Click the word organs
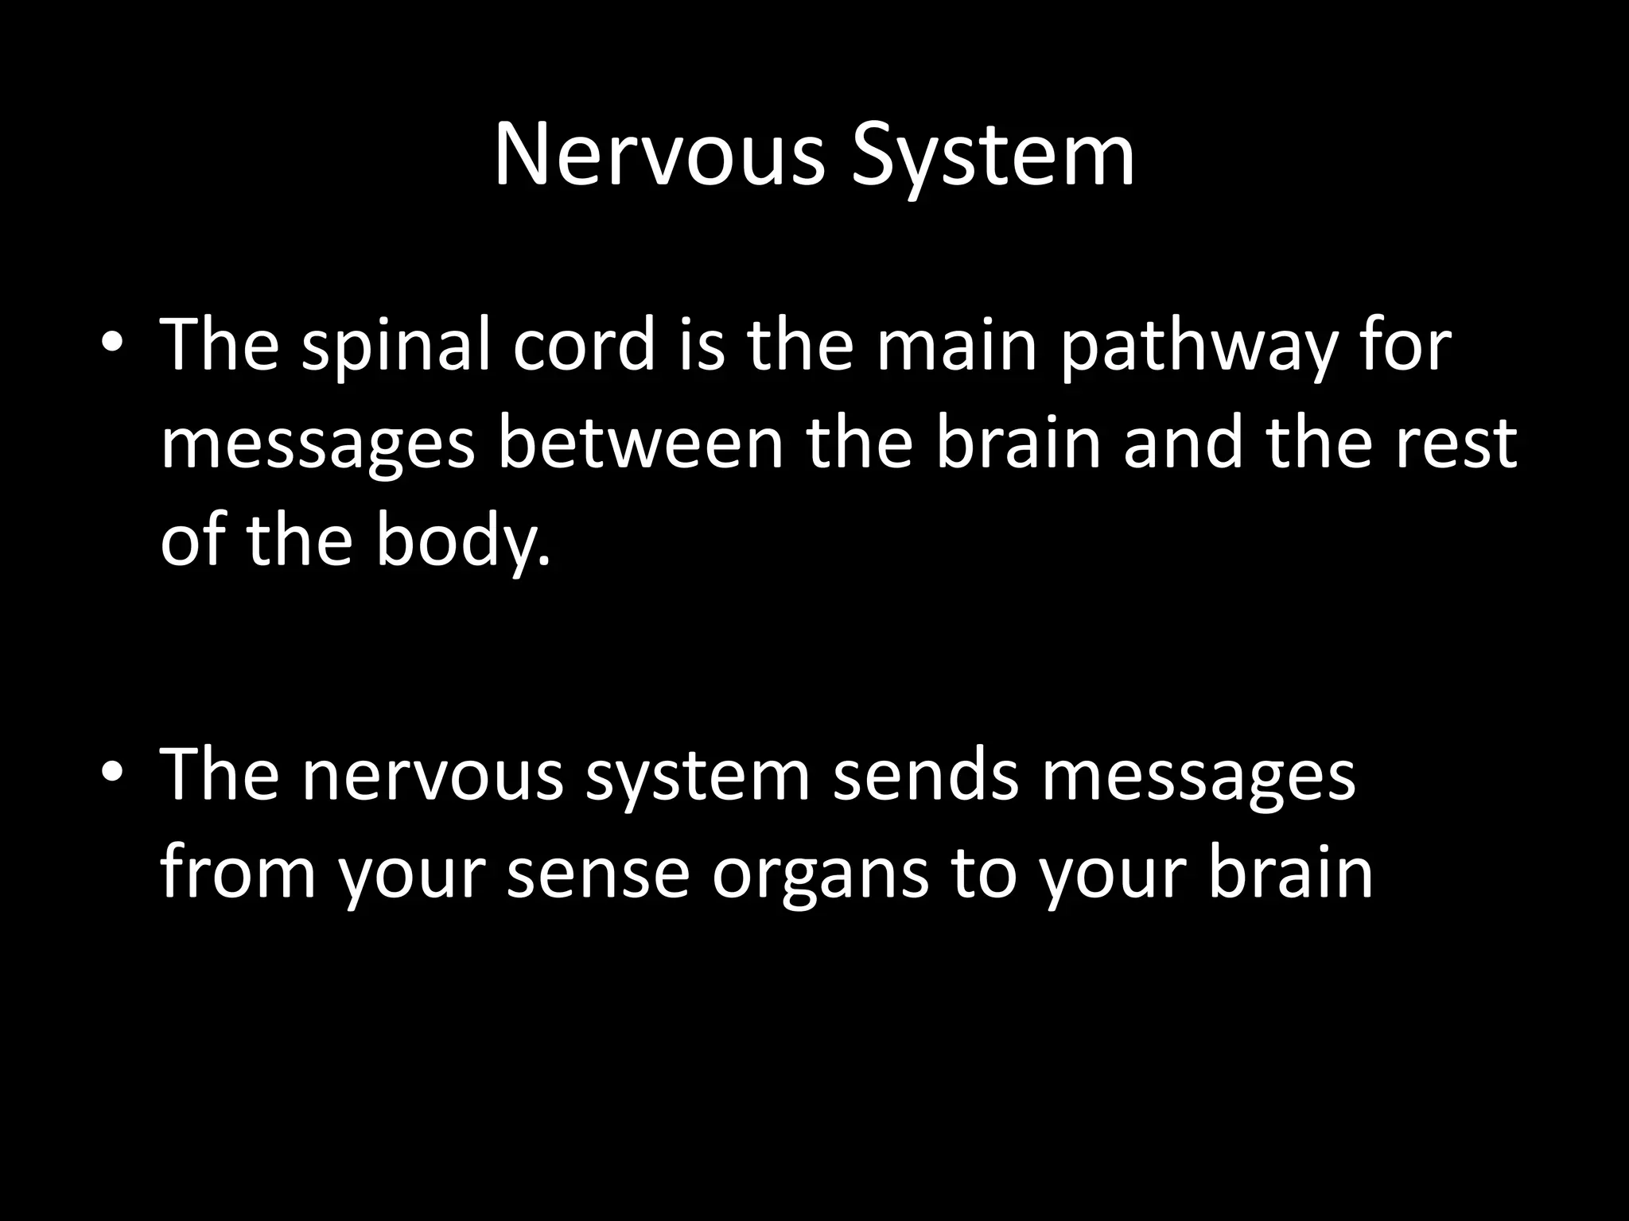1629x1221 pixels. pyautogui.click(x=820, y=874)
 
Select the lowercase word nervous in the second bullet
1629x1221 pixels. pyautogui.click(x=433, y=777)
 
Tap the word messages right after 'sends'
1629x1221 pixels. pyautogui.click(x=1199, y=777)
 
